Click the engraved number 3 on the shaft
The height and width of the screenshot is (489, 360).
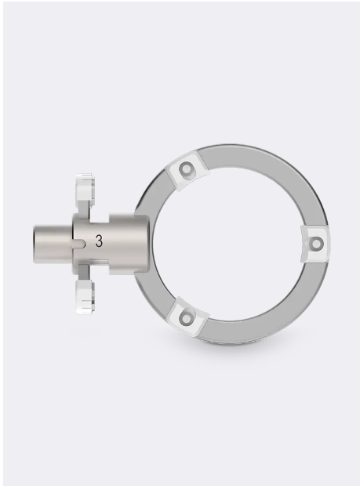click(99, 242)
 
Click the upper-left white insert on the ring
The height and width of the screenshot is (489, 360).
click(185, 170)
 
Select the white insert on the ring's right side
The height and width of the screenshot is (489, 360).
click(315, 244)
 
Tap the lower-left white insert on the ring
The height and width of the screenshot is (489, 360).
click(187, 317)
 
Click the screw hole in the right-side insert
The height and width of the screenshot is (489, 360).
click(316, 244)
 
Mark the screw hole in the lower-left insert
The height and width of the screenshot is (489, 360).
click(187, 317)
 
